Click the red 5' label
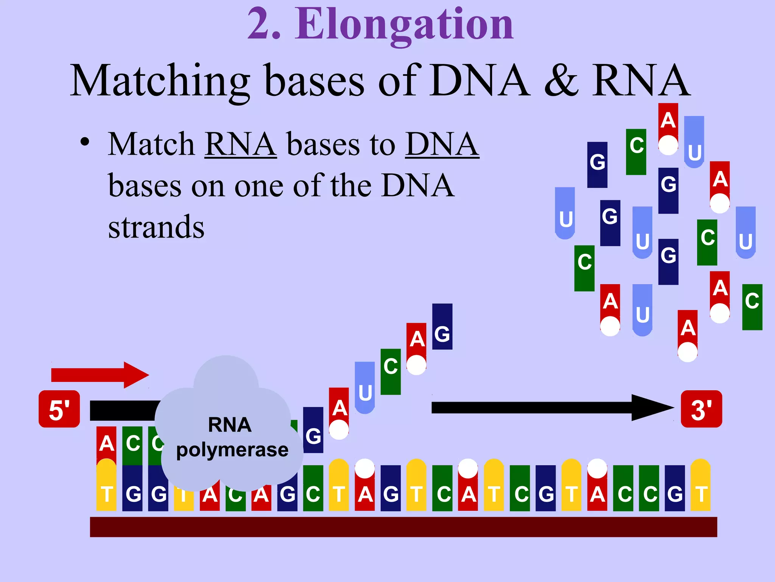(x=59, y=409)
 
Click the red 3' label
(x=701, y=409)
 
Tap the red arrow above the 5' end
(x=100, y=375)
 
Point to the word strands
(x=156, y=227)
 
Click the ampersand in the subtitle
(x=561, y=81)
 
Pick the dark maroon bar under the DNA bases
(x=403, y=527)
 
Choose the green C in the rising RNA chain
(x=391, y=371)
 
